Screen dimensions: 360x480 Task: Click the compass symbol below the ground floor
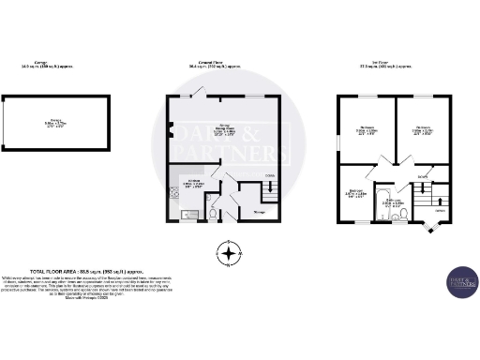click(x=228, y=252)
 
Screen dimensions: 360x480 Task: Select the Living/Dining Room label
click(x=221, y=132)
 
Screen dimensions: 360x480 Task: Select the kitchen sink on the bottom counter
click(x=187, y=215)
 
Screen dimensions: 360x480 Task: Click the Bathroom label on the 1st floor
click(x=391, y=201)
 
